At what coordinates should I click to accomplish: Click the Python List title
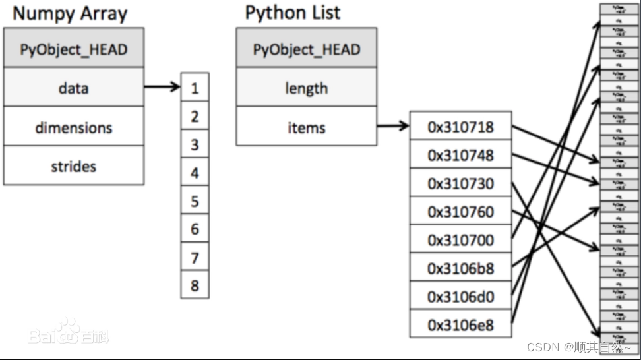click(293, 13)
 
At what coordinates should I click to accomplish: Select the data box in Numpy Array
click(73, 87)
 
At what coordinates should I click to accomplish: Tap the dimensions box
click(73, 127)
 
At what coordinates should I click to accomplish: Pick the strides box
click(73, 166)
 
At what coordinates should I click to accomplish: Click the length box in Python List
click(306, 87)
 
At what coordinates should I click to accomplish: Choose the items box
click(306, 127)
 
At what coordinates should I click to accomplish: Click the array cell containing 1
click(195, 88)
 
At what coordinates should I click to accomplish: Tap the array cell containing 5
click(195, 201)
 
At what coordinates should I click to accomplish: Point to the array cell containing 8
click(195, 286)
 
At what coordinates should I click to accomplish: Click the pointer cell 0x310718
click(460, 126)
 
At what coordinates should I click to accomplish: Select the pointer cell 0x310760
click(460, 212)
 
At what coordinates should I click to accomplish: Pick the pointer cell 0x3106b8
click(460, 268)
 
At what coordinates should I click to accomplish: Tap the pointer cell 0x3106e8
click(460, 324)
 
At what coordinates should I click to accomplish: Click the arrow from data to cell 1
click(162, 86)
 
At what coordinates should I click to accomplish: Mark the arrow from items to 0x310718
click(393, 125)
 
